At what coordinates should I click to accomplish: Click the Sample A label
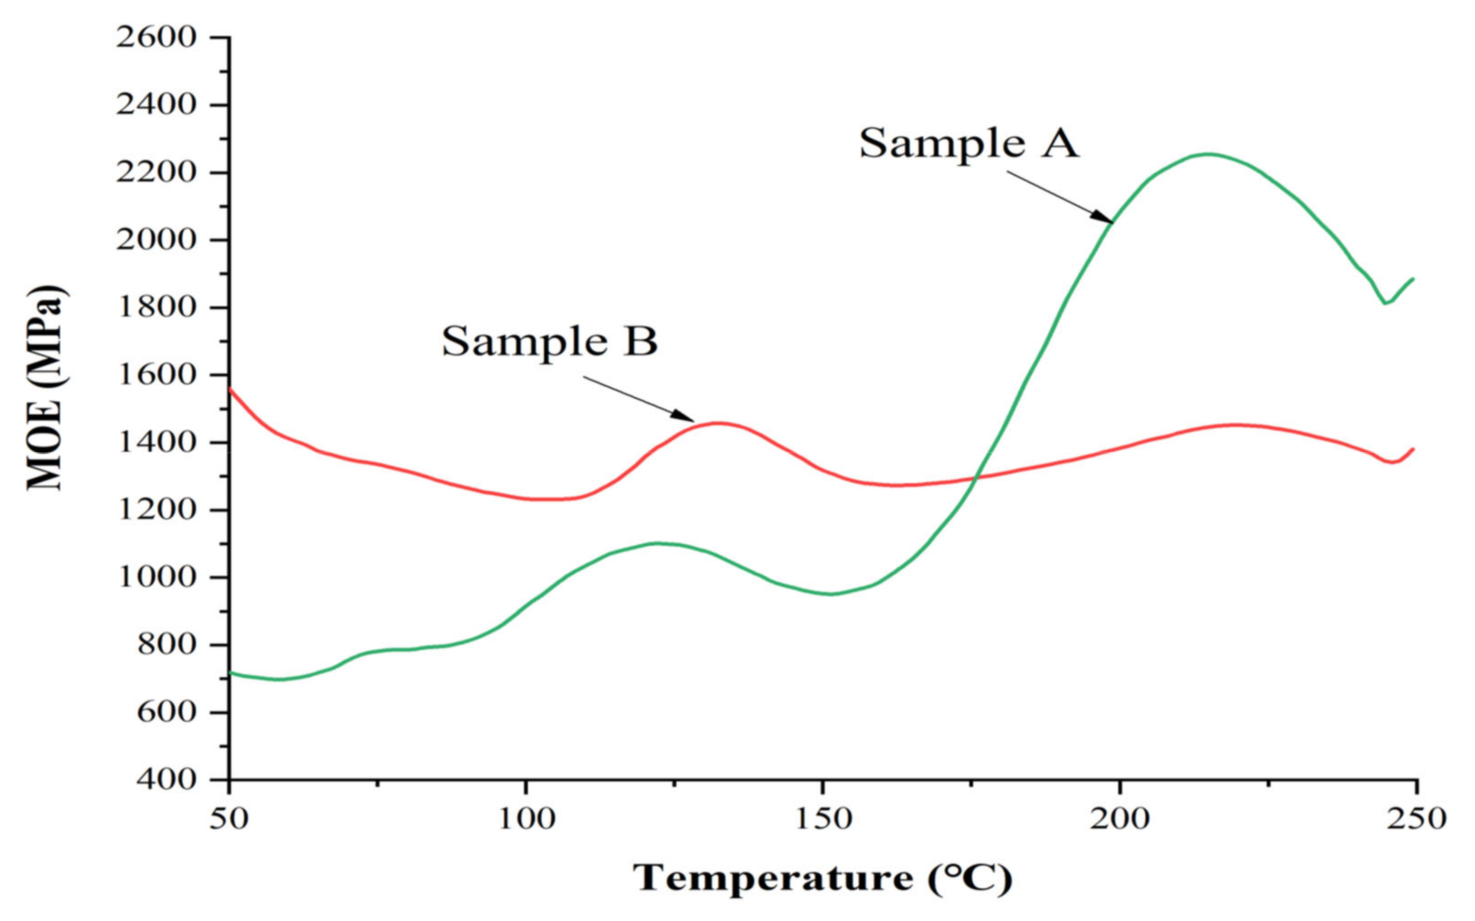click(968, 144)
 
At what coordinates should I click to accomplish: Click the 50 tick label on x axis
click(228, 820)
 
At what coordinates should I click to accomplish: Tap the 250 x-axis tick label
click(1416, 820)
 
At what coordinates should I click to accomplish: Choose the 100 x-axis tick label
click(525, 820)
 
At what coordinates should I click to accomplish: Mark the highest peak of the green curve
click(1208, 154)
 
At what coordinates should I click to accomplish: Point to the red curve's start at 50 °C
click(230, 388)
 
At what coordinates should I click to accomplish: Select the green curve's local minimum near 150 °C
click(831, 594)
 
